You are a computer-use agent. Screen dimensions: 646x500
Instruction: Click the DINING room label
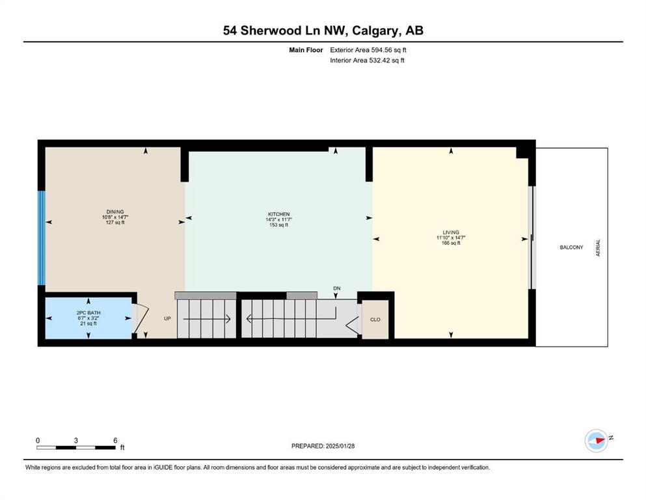coord(115,212)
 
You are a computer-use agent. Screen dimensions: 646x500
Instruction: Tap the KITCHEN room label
coord(279,214)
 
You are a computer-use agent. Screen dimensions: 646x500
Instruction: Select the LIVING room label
coord(451,232)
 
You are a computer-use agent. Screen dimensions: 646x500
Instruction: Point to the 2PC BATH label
coord(88,313)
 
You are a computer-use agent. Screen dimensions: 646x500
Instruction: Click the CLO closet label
coord(375,320)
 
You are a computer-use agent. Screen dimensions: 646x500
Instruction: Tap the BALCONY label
coord(571,247)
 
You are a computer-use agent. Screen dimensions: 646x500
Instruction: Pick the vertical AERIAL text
coord(599,248)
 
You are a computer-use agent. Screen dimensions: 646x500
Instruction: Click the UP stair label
coord(167,318)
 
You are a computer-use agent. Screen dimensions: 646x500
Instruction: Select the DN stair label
coord(337,288)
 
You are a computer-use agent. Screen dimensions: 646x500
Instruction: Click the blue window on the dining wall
coord(41,238)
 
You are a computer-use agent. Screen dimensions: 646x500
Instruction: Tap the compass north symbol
coord(597,441)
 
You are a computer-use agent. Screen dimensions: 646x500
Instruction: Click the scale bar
coord(76,447)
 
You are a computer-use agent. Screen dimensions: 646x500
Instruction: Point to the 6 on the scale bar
coord(115,440)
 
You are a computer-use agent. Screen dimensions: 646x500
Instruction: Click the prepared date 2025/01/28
coord(340,446)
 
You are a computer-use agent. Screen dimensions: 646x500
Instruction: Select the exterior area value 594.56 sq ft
coord(389,50)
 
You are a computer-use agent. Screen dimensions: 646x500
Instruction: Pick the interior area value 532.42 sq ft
coord(386,60)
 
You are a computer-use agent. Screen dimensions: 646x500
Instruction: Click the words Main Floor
coord(306,50)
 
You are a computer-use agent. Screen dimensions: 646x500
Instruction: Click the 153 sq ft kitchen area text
coord(279,225)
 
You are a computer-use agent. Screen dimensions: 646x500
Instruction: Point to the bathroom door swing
coord(140,320)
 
